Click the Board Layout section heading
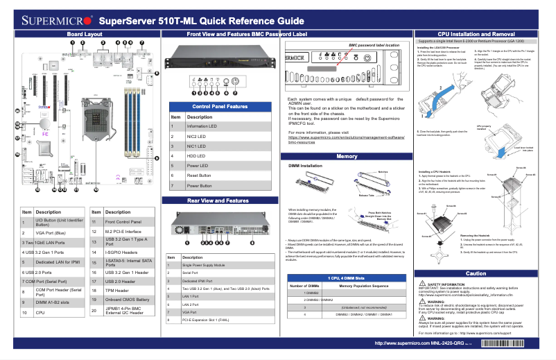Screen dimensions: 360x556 [85, 34]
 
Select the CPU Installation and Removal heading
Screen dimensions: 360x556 [475, 34]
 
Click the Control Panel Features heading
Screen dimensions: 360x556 [219, 106]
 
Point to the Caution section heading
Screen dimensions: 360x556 [476, 274]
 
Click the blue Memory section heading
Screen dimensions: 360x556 [346, 157]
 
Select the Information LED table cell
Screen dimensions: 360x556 [202, 127]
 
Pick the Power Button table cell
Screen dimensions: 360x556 [200, 187]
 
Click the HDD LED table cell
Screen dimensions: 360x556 [198, 157]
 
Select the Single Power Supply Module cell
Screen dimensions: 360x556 [208, 266]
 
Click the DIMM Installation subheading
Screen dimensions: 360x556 [305, 167]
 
